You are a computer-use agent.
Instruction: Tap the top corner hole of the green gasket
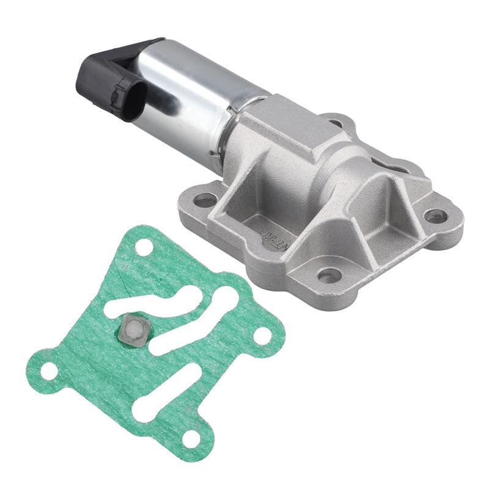[x=144, y=248]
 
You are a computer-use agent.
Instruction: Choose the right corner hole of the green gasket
[x=262, y=334]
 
